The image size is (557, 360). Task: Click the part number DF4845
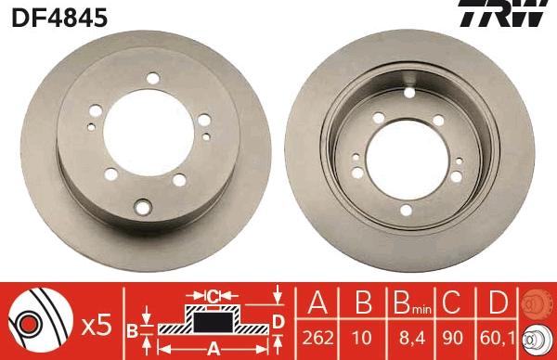tap(58, 17)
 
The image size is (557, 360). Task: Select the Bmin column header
tap(407, 303)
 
